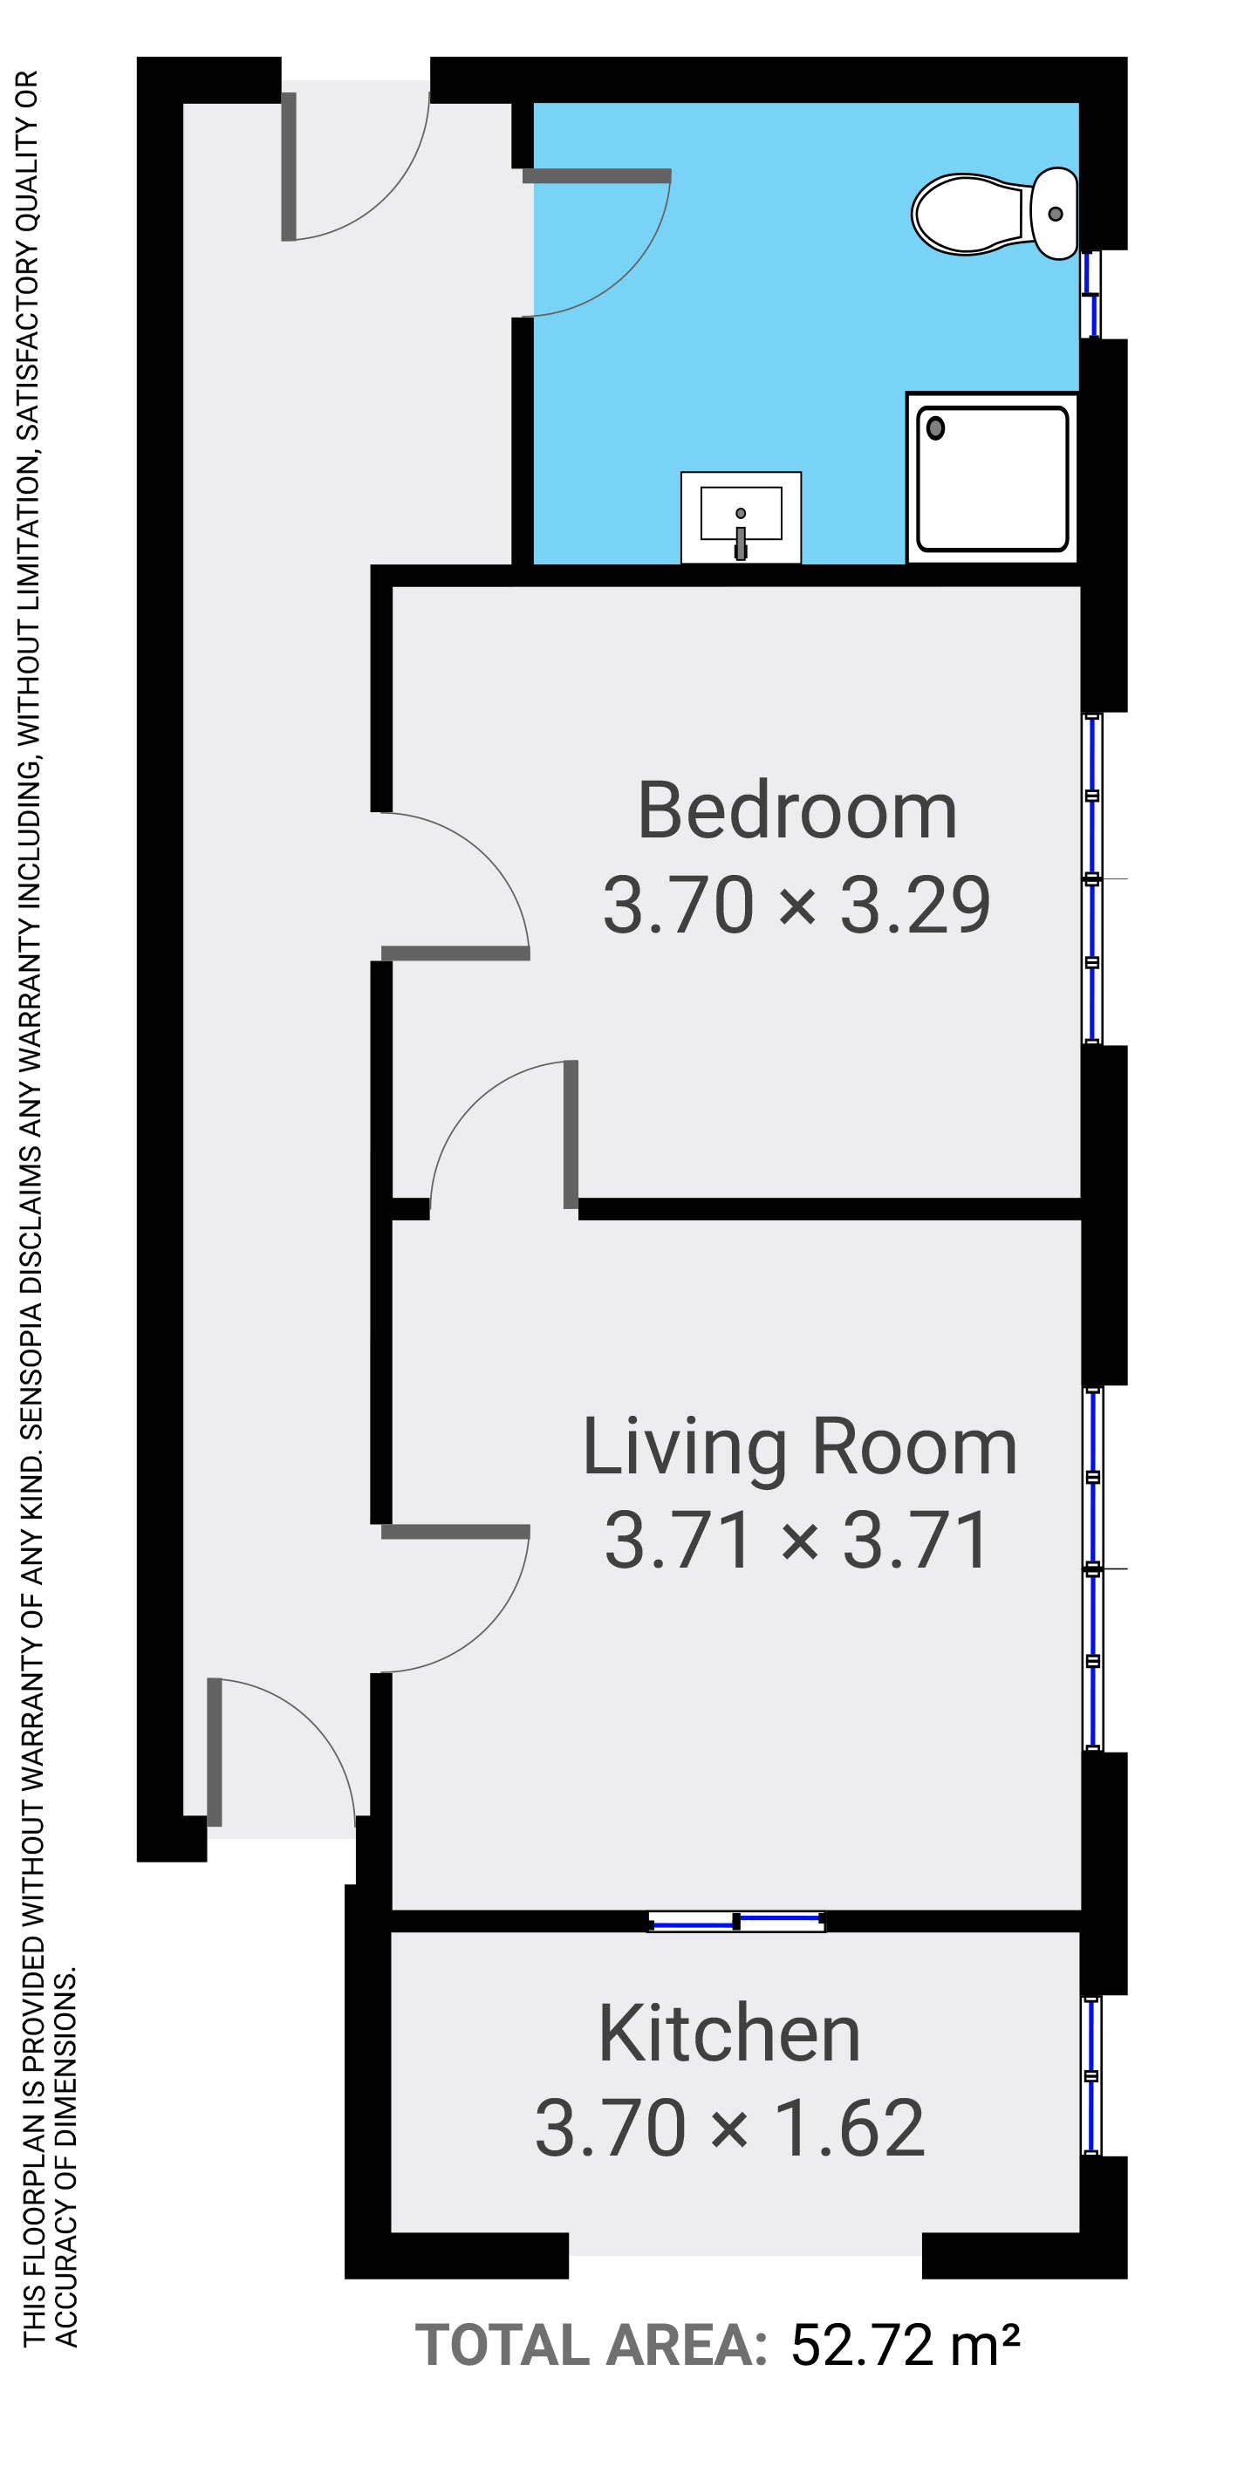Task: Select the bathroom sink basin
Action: click(741, 517)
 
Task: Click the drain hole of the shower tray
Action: click(936, 428)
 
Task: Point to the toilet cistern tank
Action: click(1055, 214)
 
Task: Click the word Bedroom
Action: click(797, 811)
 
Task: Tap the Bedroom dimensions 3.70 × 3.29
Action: click(797, 905)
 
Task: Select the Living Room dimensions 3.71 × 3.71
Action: click(797, 1541)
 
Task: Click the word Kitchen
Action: click(729, 2034)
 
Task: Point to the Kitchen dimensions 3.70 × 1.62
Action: click(730, 2128)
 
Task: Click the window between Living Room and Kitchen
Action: click(735, 1921)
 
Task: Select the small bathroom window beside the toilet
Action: click(1090, 294)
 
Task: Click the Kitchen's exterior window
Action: click(1091, 2076)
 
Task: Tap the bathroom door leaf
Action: click(597, 176)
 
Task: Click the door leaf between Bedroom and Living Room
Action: click(571, 1134)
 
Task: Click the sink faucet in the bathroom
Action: click(741, 542)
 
